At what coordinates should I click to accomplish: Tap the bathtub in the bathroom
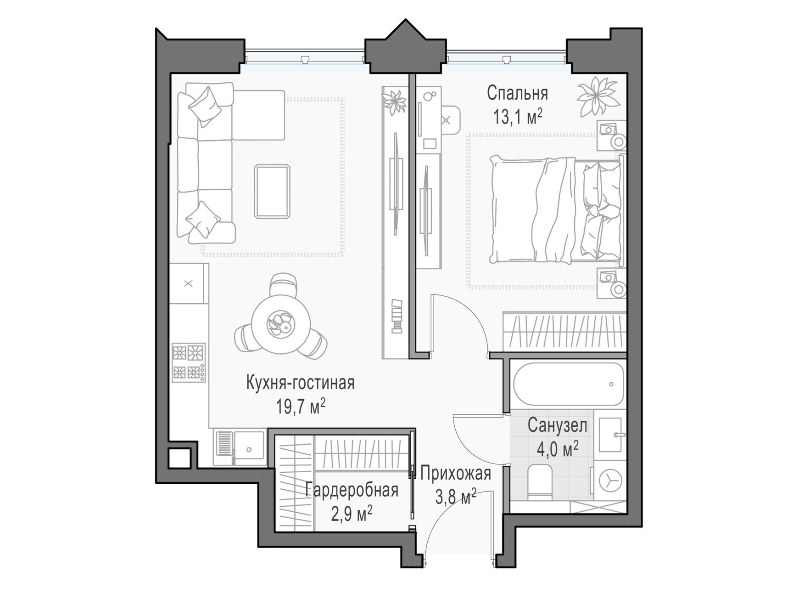(569, 384)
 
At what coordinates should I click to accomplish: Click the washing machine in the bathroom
(609, 481)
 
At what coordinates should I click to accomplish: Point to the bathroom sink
(610, 435)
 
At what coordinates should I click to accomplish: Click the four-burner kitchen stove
(189, 362)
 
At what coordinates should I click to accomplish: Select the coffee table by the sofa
(273, 191)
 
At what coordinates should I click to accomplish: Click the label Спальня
(517, 93)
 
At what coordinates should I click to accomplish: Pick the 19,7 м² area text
(301, 406)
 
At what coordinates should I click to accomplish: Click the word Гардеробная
(352, 490)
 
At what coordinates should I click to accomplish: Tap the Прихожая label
(455, 473)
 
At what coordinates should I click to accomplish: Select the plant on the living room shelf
(394, 102)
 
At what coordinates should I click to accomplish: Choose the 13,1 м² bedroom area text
(518, 117)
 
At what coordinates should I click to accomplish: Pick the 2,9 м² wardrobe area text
(352, 513)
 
